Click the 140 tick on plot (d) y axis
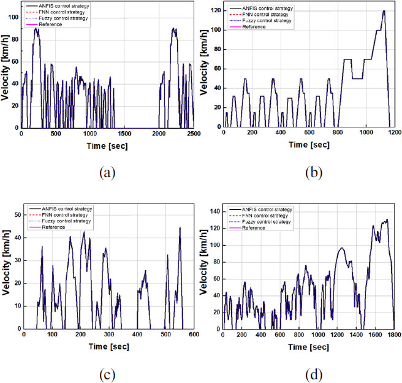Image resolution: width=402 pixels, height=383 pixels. pos(214,211)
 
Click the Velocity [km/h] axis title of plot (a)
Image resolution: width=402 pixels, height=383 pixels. pos(6,67)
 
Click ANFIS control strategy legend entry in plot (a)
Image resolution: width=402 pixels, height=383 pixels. pos(64,7)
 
